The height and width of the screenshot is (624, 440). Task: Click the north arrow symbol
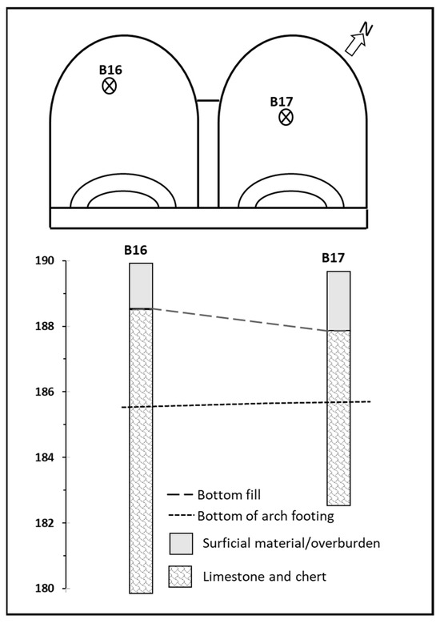pyautogui.click(x=355, y=44)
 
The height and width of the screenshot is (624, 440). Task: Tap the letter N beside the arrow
pyautogui.click(x=366, y=30)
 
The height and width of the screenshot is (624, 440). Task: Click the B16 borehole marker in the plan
pyautogui.click(x=109, y=86)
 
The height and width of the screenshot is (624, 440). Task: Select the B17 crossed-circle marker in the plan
pyautogui.click(x=286, y=117)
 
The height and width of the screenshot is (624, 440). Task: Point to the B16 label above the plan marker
pyautogui.click(x=110, y=70)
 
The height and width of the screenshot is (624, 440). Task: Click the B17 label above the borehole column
pyautogui.click(x=333, y=258)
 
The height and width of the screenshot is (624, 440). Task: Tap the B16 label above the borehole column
pyautogui.click(x=135, y=250)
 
